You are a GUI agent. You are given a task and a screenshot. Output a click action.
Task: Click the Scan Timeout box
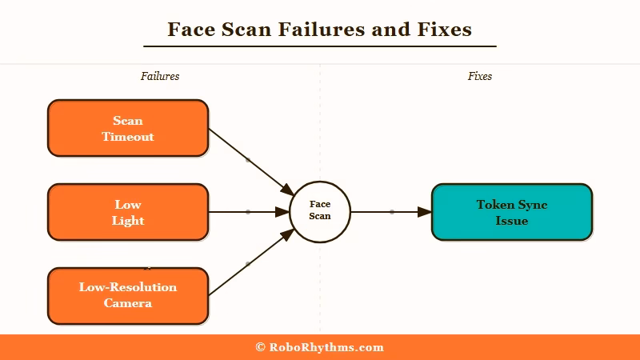click(128, 128)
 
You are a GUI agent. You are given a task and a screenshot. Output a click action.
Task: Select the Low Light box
click(128, 212)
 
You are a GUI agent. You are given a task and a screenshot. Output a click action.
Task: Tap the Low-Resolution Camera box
click(128, 295)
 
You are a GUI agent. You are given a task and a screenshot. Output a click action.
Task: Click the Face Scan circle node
click(320, 211)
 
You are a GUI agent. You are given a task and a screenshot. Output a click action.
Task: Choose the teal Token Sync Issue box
click(512, 212)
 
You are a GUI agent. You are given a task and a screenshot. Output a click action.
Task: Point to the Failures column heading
click(160, 77)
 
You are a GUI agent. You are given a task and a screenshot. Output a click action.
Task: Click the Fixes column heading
click(480, 77)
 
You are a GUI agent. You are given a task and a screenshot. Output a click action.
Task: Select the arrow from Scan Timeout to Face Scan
click(248, 160)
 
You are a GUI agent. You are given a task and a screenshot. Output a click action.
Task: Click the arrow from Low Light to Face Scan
click(248, 212)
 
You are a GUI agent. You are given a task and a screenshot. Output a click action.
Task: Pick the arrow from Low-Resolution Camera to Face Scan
click(248, 263)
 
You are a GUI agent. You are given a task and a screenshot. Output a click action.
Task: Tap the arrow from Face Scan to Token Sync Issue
click(391, 212)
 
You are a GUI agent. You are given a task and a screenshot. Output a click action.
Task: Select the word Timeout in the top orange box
click(128, 137)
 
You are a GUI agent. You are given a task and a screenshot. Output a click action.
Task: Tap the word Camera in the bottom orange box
click(128, 303)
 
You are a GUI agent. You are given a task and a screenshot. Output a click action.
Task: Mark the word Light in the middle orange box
click(128, 221)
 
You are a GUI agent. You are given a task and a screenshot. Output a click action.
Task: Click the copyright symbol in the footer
click(261, 347)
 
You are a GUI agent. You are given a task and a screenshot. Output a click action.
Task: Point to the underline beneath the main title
click(320, 46)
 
